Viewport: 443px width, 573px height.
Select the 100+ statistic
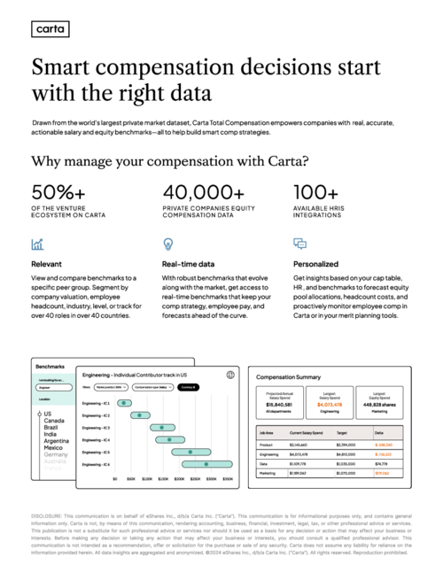coord(315,191)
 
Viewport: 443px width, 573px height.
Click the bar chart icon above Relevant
coord(37,244)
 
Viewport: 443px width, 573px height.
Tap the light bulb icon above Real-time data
coord(167,244)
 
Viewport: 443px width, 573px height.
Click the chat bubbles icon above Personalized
coord(299,244)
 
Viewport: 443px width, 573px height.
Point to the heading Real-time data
coord(188,264)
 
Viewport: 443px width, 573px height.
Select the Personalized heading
coord(315,264)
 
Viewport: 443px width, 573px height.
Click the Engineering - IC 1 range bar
coord(125,403)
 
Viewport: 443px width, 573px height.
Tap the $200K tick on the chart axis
coord(179,479)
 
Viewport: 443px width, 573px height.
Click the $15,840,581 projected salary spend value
coord(279,405)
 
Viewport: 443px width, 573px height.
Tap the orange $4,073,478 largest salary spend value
coord(329,405)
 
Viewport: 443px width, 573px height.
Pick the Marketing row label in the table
coord(268,473)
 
